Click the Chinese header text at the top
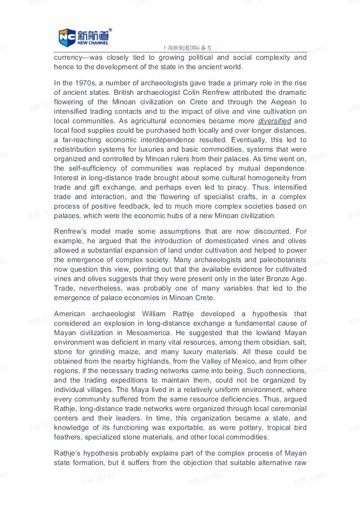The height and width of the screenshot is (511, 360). (186, 48)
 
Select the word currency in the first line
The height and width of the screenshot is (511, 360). (68, 57)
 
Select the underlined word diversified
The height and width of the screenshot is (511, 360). (274, 121)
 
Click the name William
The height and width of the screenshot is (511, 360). (160, 314)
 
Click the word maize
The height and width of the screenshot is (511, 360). (127, 352)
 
